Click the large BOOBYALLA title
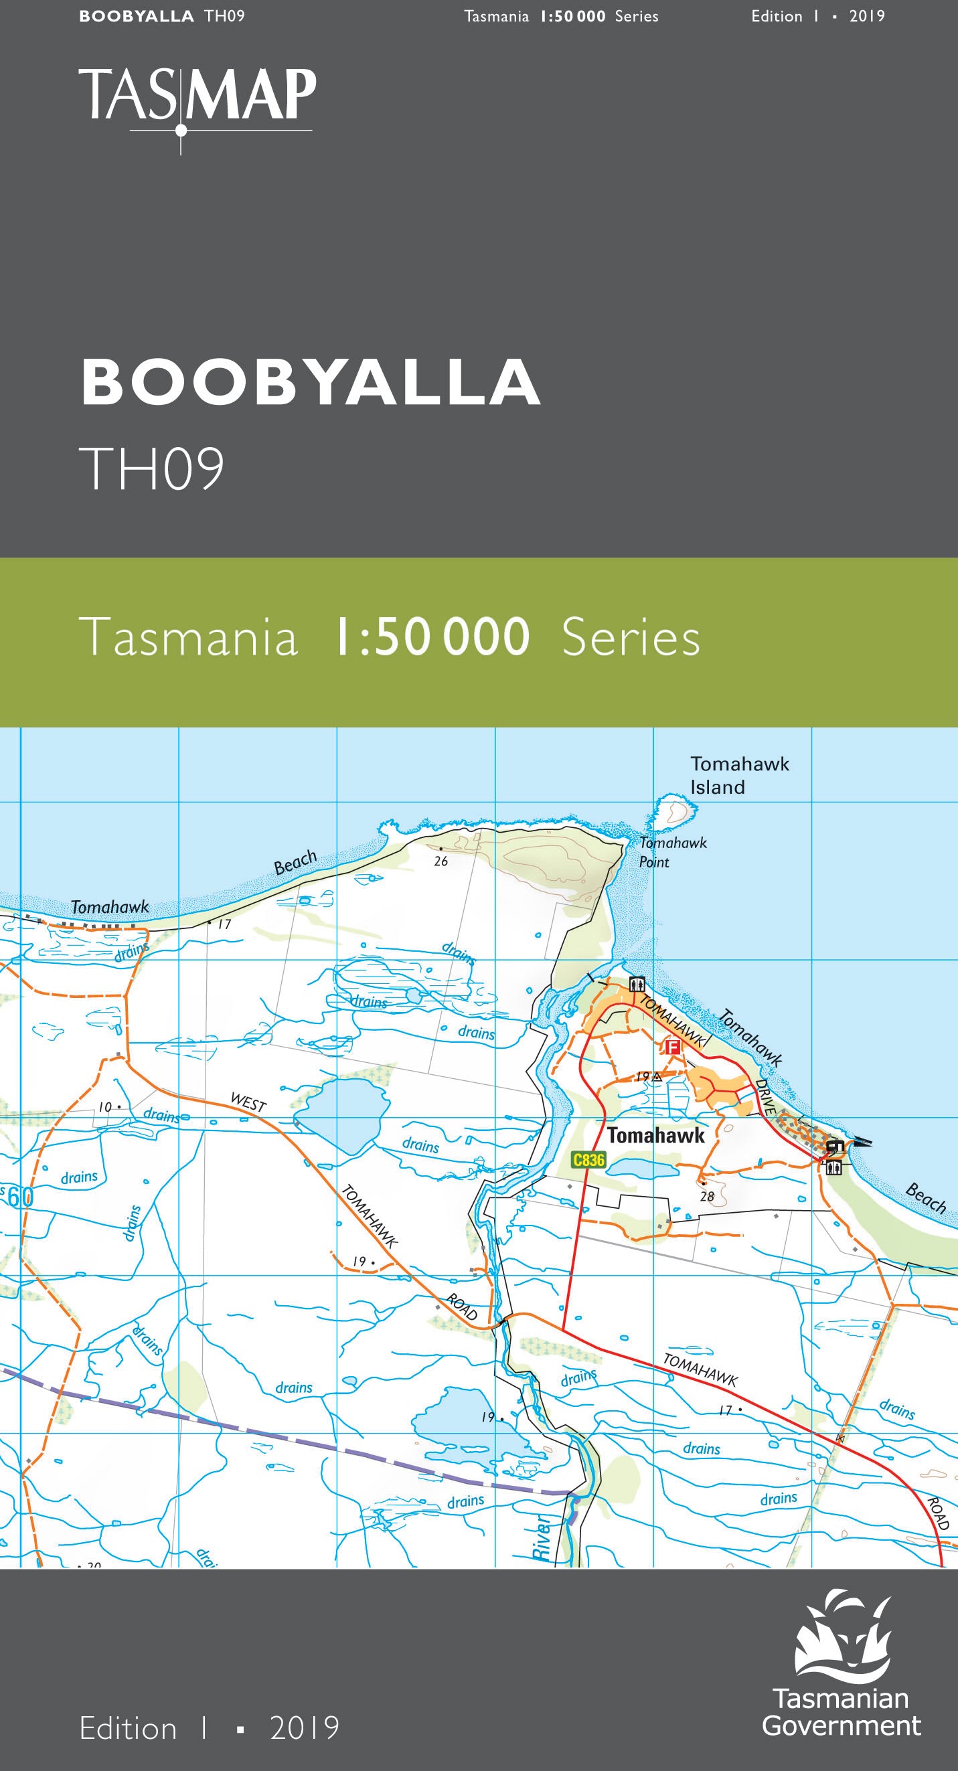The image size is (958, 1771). pos(311,382)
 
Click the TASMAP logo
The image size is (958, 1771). pos(197,103)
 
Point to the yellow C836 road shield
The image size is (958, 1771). pos(588,1160)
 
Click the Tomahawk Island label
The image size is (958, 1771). pos(738,775)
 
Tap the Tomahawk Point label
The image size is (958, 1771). pos(672,852)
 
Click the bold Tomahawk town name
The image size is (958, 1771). pos(655,1135)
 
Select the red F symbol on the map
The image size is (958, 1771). pos(673,1047)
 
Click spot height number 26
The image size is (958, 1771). pos(441,861)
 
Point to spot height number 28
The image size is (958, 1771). pos(707,1196)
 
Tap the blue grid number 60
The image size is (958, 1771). pos(21,1197)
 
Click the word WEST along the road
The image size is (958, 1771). pos(248,1102)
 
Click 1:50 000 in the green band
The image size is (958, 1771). pos(432,637)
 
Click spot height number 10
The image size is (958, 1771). pos(104,1107)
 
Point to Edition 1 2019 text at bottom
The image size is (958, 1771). pos(209,1727)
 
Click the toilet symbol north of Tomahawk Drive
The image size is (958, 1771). pos(637,984)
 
